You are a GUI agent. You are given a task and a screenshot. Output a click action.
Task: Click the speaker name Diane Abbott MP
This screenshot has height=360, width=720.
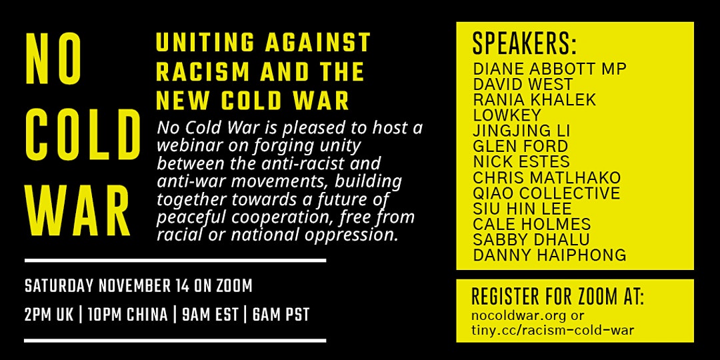[549, 69]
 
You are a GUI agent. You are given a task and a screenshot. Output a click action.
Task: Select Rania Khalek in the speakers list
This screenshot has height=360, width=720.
[535, 99]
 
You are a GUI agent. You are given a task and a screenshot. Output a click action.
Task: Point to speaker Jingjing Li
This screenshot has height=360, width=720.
[521, 131]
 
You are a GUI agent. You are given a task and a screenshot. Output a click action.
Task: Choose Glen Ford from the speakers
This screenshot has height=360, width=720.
[520, 147]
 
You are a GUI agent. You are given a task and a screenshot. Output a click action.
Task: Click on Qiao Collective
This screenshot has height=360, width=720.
[547, 193]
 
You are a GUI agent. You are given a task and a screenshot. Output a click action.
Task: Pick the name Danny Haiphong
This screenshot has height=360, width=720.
[549, 255]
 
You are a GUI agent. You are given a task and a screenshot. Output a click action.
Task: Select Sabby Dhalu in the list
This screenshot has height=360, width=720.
[531, 239]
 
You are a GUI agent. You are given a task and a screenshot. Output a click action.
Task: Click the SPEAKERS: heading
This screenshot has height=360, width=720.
[525, 44]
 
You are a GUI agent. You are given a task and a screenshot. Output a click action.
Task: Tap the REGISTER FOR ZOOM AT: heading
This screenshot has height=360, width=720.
[558, 297]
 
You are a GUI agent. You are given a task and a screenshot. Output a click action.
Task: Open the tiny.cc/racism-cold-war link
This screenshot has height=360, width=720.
[553, 330]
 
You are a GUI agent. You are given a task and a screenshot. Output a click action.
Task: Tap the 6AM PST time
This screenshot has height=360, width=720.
[281, 315]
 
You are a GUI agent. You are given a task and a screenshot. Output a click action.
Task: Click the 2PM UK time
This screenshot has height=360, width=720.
[50, 315]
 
